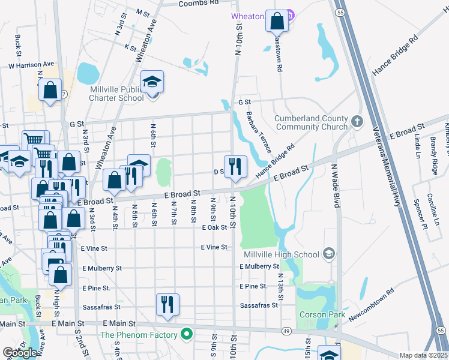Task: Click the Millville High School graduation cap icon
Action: pyautogui.click(x=328, y=254)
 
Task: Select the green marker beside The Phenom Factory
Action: pyautogui.click(x=187, y=335)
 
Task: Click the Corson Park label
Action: pyautogui.click(x=322, y=314)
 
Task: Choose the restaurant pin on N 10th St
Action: pyautogui.click(x=235, y=166)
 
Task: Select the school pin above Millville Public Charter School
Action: pyautogui.click(x=152, y=82)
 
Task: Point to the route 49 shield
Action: pyautogui.click(x=287, y=331)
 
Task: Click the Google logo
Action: pyautogui.click(x=20, y=353)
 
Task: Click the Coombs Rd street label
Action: pyautogui.click(x=199, y=3)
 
